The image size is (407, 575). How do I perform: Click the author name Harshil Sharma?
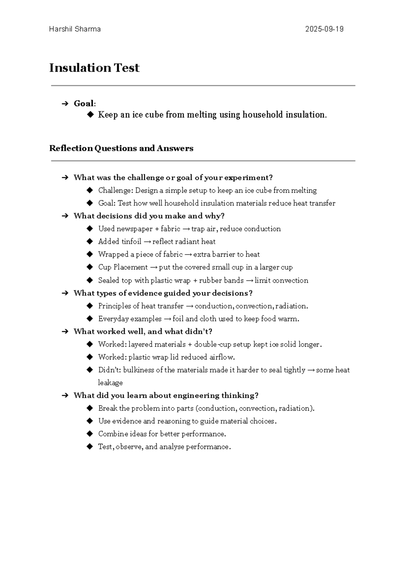click(x=75, y=29)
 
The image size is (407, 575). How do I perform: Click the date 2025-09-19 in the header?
click(x=324, y=29)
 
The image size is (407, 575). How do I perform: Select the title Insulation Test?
click(x=94, y=68)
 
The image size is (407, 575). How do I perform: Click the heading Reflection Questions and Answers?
click(x=121, y=148)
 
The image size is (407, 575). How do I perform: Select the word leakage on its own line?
click(x=110, y=383)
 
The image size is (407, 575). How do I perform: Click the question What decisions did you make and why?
click(x=149, y=216)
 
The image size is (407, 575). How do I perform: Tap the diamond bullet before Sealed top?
click(x=90, y=280)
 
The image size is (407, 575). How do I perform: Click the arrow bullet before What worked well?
click(x=65, y=332)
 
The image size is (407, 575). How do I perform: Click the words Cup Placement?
click(x=123, y=267)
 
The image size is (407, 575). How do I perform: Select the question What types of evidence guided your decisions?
click(x=163, y=293)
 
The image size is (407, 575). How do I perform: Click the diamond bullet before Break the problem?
click(x=90, y=408)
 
